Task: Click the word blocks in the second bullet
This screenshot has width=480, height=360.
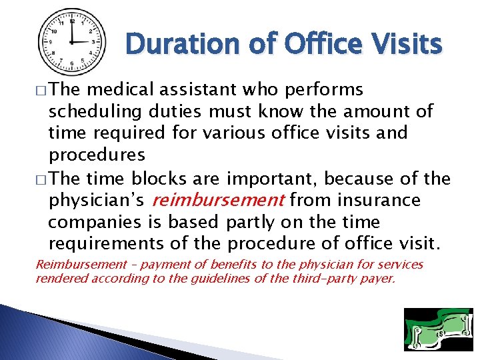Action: [x=161, y=179]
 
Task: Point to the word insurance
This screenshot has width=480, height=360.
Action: [x=379, y=200]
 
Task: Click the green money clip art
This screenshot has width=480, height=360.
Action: [x=438, y=329]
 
